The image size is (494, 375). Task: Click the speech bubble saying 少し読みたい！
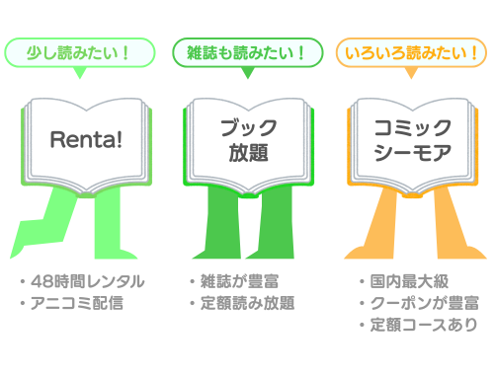(x=79, y=52)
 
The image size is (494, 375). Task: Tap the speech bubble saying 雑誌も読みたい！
(x=248, y=52)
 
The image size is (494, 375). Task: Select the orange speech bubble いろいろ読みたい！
(x=411, y=52)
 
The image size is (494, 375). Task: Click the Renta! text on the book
(x=86, y=139)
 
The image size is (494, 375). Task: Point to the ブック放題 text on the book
(x=249, y=140)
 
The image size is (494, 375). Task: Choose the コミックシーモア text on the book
(x=412, y=140)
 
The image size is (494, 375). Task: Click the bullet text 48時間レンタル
(x=88, y=281)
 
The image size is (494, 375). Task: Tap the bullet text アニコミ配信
(x=77, y=303)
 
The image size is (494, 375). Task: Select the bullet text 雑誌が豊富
(x=240, y=281)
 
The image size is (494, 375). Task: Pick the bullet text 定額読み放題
(x=248, y=303)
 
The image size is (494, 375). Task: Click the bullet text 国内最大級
(x=409, y=281)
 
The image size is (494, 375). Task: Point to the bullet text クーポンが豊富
(x=425, y=303)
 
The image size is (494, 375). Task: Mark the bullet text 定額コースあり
(x=424, y=325)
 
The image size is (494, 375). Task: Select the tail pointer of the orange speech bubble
(x=411, y=73)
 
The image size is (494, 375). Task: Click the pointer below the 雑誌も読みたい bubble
(x=248, y=73)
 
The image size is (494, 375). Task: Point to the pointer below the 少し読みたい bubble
(x=79, y=73)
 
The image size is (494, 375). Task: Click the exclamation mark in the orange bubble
(x=474, y=53)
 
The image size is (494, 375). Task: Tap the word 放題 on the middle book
(x=249, y=153)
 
